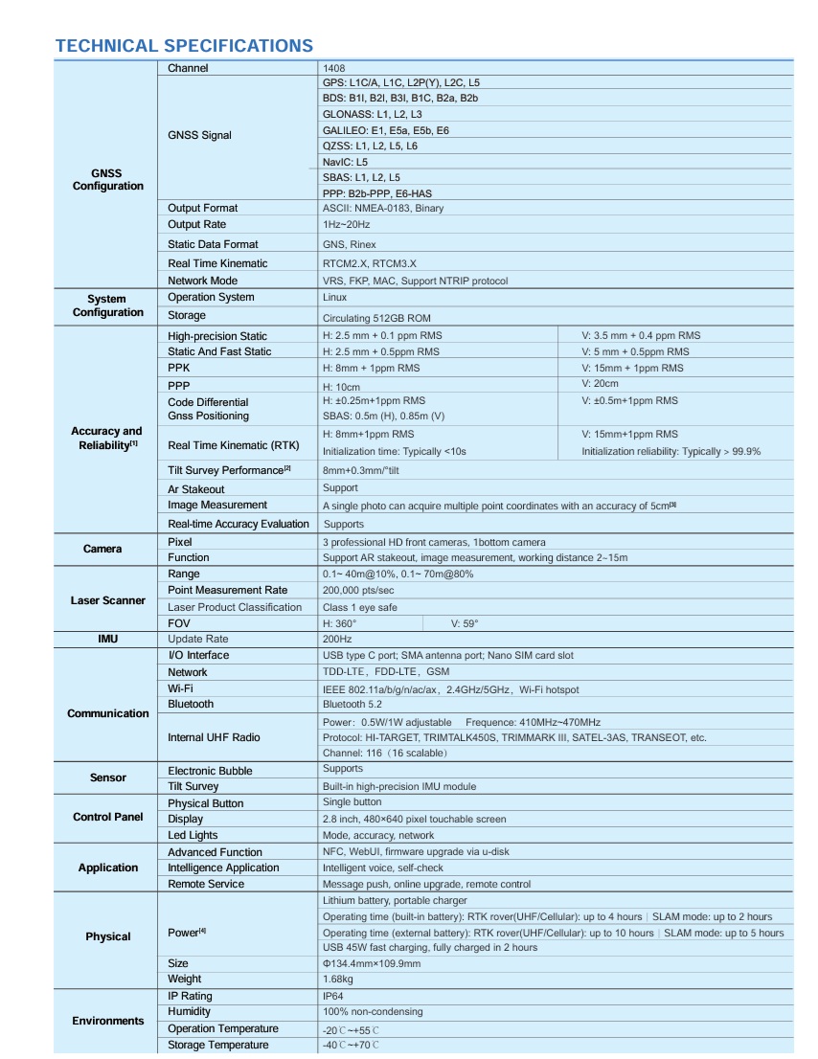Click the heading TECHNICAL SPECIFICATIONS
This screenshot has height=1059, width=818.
(x=184, y=46)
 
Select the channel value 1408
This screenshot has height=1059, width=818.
(x=334, y=68)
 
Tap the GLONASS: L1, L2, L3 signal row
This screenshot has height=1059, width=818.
(x=373, y=114)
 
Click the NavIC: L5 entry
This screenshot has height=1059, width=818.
(x=345, y=162)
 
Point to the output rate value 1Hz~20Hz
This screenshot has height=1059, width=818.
(x=346, y=224)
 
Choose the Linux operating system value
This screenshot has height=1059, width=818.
(x=335, y=298)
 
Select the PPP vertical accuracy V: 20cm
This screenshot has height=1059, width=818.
(x=601, y=383)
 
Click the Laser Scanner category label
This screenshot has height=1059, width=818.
(x=108, y=600)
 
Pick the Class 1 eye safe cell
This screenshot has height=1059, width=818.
(x=360, y=607)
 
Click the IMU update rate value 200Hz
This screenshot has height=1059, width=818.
(x=337, y=639)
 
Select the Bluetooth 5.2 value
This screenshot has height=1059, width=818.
(x=352, y=704)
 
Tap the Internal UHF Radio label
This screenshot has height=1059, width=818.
(x=214, y=737)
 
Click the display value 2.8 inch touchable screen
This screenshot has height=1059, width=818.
(x=415, y=819)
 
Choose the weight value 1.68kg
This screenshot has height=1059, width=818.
(x=338, y=979)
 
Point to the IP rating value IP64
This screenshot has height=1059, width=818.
(x=334, y=996)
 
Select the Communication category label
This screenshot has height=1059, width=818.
(x=108, y=713)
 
